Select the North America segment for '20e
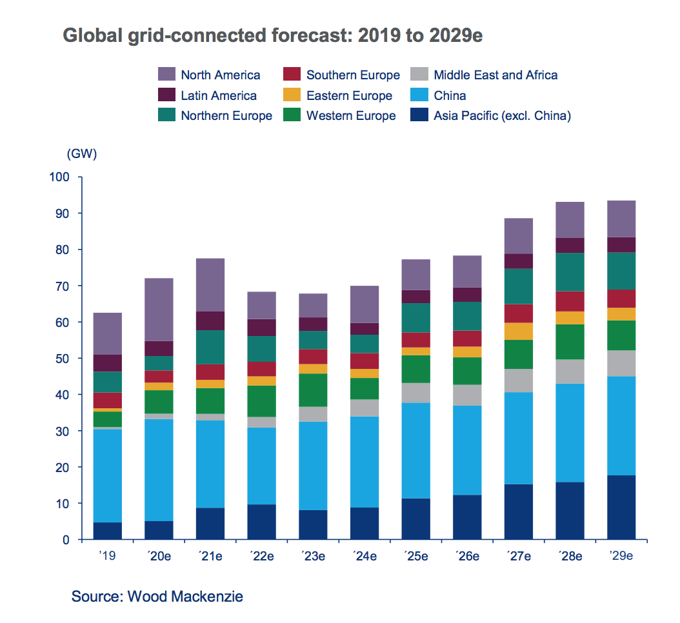click(159, 310)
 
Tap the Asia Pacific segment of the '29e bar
click(621, 508)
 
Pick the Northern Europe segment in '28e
click(570, 272)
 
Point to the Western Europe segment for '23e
click(313, 390)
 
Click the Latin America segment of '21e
click(210, 321)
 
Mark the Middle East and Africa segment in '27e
click(518, 381)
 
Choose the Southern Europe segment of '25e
click(415, 340)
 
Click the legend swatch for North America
click(166, 75)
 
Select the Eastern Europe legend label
click(349, 95)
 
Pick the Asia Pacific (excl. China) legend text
click(502, 116)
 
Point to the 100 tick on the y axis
click(65, 177)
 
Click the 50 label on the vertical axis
click(68, 358)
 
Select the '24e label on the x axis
click(365, 555)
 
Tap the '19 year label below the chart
click(108, 555)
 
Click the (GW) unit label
click(81, 154)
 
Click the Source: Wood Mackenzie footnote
click(157, 596)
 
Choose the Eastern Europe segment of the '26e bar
click(467, 351)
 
